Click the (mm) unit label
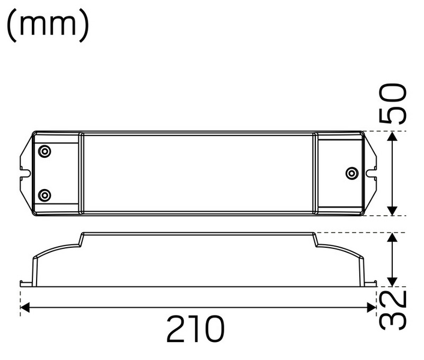click(48, 25)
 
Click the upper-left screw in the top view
click(44, 151)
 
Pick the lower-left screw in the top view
click(44, 195)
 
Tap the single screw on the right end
click(352, 173)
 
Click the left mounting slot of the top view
click(25, 173)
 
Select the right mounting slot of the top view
click(371, 173)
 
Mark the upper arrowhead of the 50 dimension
click(392, 137)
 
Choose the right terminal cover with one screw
click(339, 173)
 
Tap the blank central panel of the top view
click(198, 173)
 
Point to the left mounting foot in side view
click(25, 282)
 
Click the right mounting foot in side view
click(371, 282)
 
